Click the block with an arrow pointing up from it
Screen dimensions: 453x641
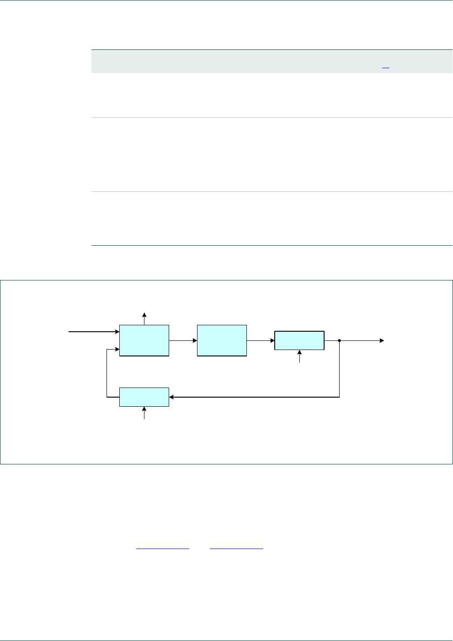(x=144, y=340)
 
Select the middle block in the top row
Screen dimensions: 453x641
(x=222, y=340)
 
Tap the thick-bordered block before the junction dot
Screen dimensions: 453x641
(x=299, y=340)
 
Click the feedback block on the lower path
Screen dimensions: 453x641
(x=144, y=397)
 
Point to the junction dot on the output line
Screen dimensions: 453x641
(x=339, y=340)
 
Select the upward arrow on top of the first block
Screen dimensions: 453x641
(x=144, y=318)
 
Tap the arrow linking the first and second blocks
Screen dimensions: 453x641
(x=183, y=340)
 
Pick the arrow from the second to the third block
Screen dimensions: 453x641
(x=261, y=340)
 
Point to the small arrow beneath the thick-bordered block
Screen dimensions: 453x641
(x=300, y=356)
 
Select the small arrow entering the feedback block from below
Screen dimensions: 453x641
(x=144, y=413)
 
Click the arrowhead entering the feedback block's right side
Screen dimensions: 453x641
(x=172, y=397)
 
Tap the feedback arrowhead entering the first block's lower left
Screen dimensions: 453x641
(x=116, y=350)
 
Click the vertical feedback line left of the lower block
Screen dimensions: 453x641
(x=107, y=373)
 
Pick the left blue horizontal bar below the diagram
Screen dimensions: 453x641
(x=163, y=548)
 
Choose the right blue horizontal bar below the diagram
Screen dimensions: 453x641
(x=236, y=548)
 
